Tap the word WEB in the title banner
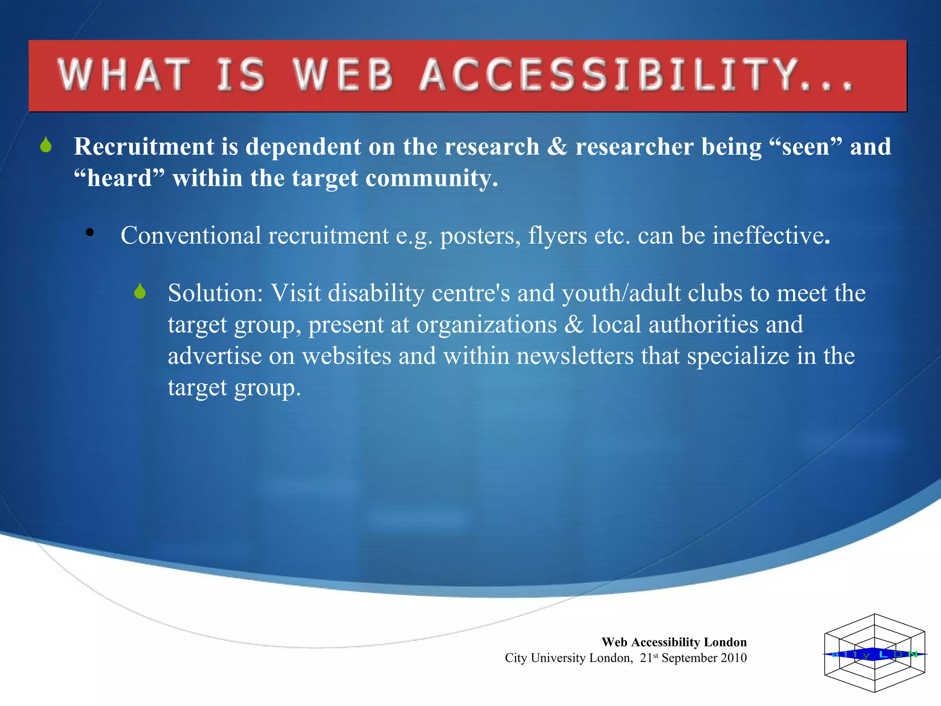343,74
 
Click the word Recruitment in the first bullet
144,147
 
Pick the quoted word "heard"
119,178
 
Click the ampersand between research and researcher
557,147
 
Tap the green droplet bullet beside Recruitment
45,145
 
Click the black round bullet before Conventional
90,233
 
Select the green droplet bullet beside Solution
140,291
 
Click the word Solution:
215,293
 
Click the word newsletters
575,356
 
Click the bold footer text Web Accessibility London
674,642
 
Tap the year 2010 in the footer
733,658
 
